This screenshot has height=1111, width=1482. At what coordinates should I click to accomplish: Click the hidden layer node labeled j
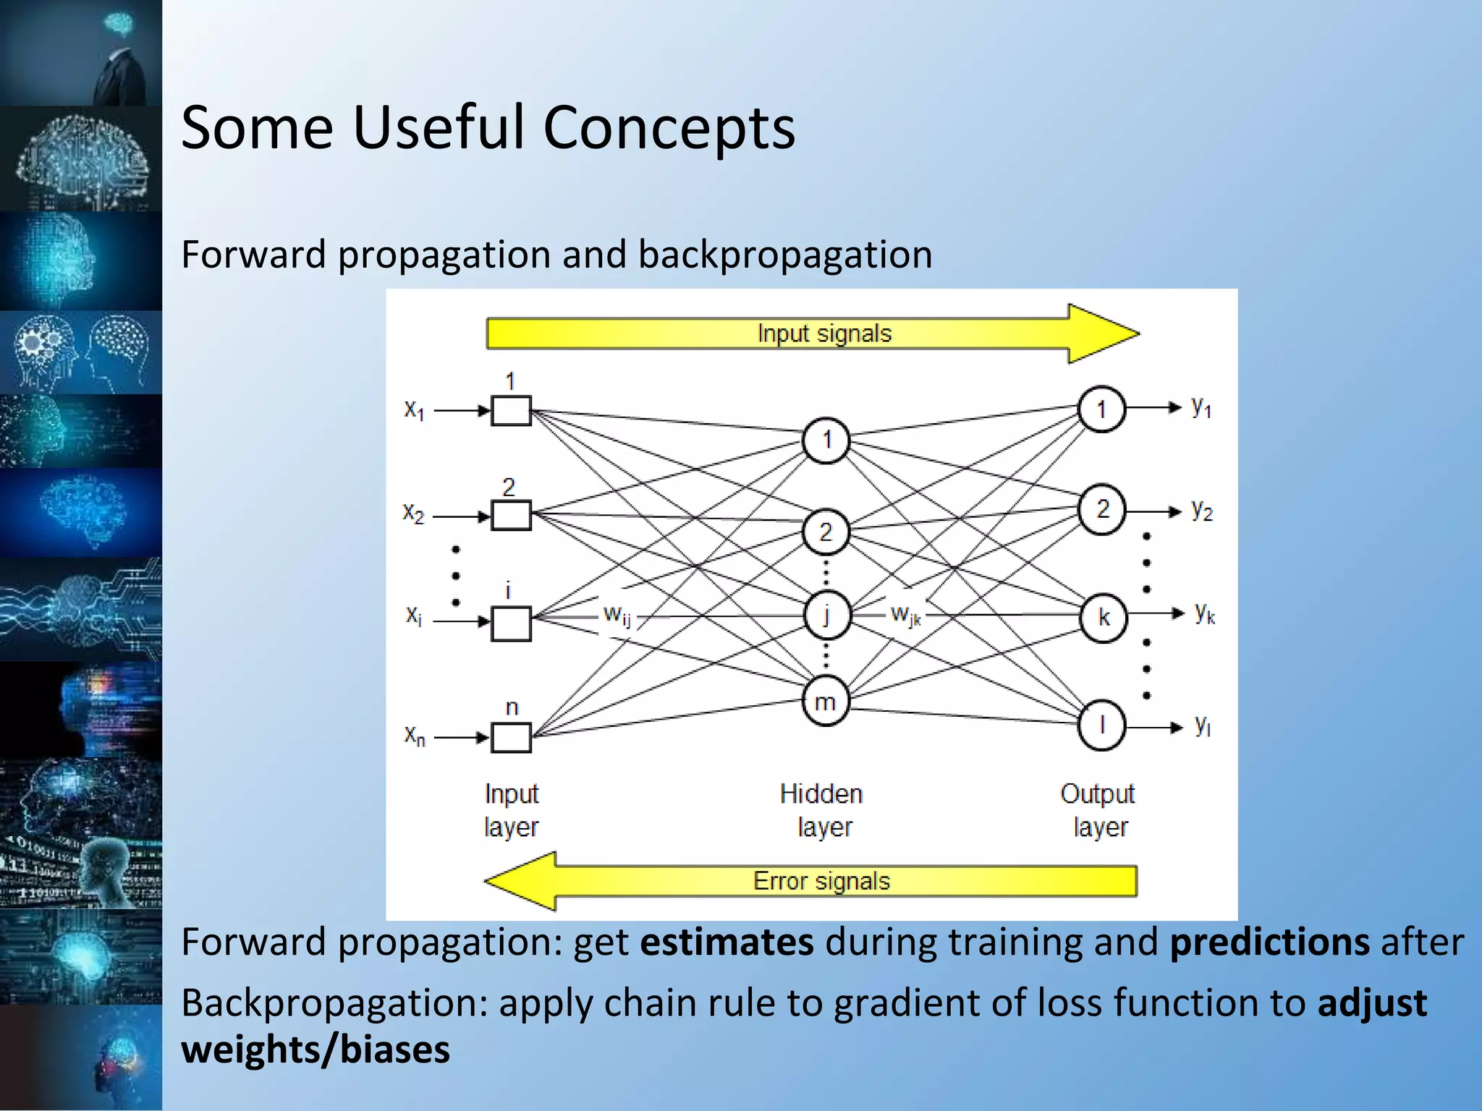[x=826, y=615]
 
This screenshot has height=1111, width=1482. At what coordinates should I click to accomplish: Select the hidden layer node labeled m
[x=825, y=701]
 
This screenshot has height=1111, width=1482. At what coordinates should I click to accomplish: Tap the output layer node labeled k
[x=1103, y=616]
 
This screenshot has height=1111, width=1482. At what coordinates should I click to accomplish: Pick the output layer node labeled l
[x=1101, y=725]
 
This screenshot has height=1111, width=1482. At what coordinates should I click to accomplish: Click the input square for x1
[x=511, y=410]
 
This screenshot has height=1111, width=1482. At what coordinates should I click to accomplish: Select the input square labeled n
[x=511, y=738]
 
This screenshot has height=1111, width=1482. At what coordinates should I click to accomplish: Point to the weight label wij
[x=617, y=616]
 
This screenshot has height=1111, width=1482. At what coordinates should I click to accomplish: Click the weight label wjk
[x=905, y=616]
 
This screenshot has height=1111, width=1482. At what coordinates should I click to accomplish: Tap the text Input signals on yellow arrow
[x=824, y=333]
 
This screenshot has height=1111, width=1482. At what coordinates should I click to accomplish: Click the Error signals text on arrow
[x=821, y=881]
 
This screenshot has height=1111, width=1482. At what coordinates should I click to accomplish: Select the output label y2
[x=1202, y=510]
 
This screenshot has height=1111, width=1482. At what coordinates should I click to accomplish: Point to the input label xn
[x=415, y=736]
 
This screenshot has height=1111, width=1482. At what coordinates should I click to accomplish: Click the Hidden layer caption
[x=823, y=810]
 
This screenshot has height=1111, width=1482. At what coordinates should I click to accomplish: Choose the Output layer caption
[x=1098, y=810]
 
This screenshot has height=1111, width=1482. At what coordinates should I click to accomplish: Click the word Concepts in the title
[x=669, y=128]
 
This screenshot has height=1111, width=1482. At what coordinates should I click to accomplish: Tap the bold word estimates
[x=727, y=942]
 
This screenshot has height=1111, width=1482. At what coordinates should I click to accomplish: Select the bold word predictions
[x=1269, y=942]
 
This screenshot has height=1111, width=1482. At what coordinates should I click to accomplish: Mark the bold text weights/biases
[x=316, y=1050]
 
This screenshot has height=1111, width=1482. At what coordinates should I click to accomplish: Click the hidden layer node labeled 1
[x=826, y=440]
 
